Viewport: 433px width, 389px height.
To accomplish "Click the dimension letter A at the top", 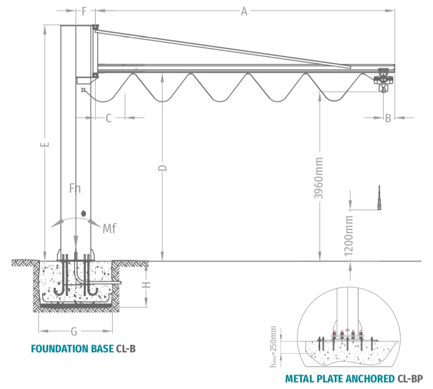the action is click(x=244, y=11).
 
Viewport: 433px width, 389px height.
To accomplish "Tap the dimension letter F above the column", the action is click(x=85, y=11).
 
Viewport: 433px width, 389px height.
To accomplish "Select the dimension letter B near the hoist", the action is click(x=388, y=118).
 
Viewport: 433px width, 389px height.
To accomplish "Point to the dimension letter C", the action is click(x=109, y=118).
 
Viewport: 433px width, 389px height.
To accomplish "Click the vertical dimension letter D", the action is click(x=163, y=168).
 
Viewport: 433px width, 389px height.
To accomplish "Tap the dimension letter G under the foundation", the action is click(x=74, y=331).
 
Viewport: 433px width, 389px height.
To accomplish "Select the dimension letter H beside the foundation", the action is click(x=146, y=285).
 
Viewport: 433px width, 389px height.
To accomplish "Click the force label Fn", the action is click(x=75, y=188).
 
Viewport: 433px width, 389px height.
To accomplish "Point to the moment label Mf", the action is click(x=109, y=229).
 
